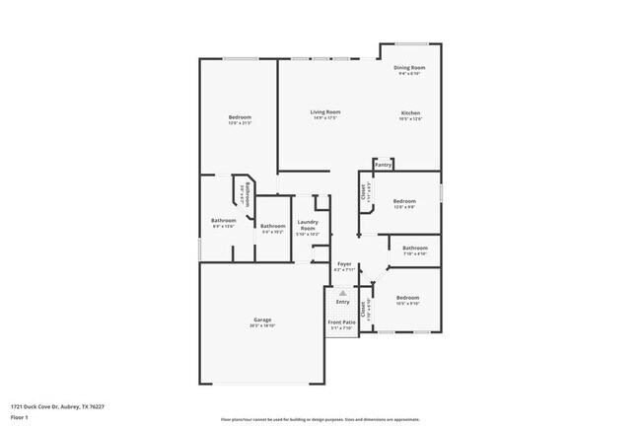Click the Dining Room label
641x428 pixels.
pos(409,67)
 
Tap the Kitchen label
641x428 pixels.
pos(411,112)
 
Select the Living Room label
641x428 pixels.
pos(325,112)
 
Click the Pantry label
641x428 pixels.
pos(383,165)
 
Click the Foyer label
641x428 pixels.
pos(344,263)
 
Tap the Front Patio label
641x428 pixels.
pos(340,322)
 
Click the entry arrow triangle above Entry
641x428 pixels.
pos(342,293)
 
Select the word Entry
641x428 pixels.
pos(342,302)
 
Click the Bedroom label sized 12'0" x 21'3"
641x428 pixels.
pos(240,117)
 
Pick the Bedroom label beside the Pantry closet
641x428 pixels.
pos(404,201)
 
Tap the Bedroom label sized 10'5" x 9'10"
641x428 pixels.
pos(408,298)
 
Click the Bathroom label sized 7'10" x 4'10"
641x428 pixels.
pos(414,248)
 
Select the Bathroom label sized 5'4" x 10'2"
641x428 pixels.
pos(273,227)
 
